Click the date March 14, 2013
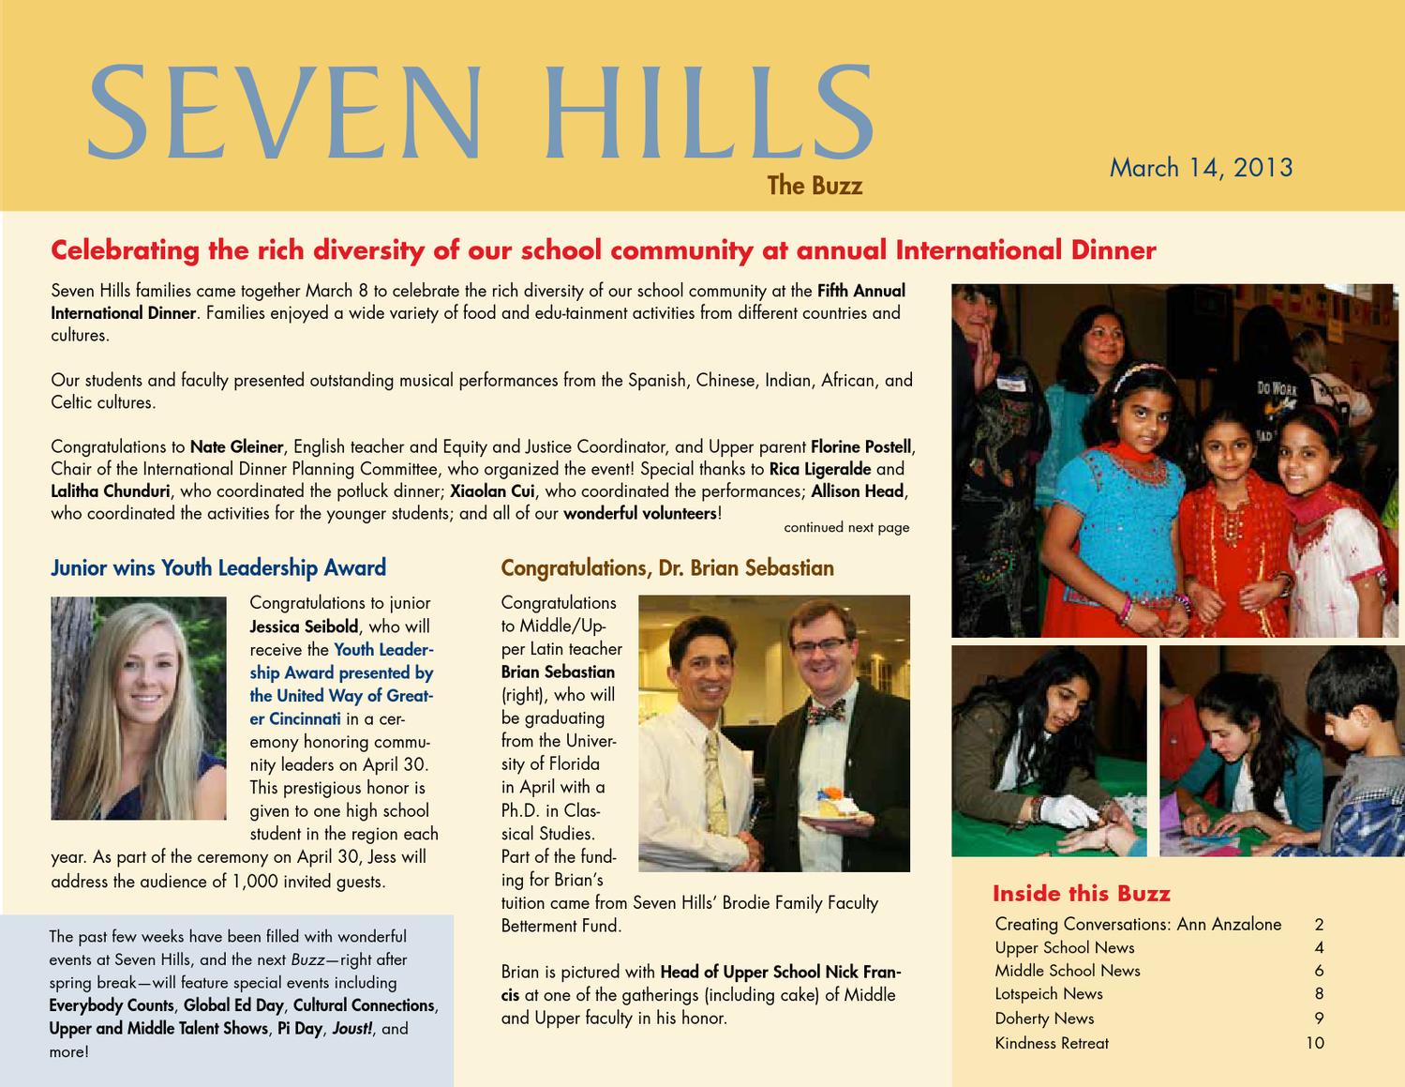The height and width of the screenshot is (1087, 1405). click(1201, 168)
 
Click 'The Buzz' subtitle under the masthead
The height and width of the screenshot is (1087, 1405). click(815, 186)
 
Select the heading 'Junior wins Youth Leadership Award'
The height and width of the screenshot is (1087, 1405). click(218, 567)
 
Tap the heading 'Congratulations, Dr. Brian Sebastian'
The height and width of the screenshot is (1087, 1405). click(667, 567)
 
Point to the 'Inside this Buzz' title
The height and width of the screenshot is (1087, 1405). click(1081, 893)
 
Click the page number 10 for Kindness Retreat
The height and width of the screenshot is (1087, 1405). click(1314, 1043)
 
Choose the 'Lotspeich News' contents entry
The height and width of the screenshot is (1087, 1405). click(1049, 994)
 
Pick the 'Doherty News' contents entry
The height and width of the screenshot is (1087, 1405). click(1044, 1019)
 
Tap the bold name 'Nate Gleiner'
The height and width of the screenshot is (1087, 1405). click(236, 445)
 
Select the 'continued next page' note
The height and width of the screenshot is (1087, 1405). click(846, 528)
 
